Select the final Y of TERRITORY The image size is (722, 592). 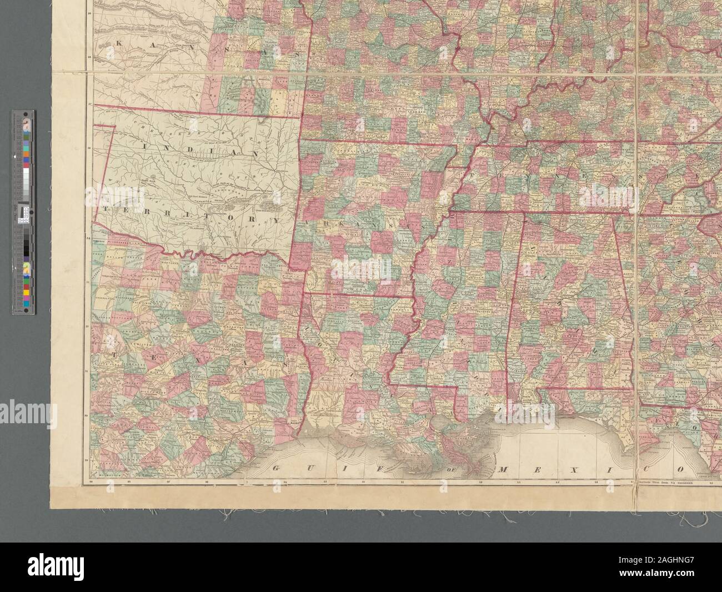(x=275, y=220)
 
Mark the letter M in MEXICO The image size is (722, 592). (x=504, y=470)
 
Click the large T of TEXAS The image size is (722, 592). (x=113, y=353)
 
